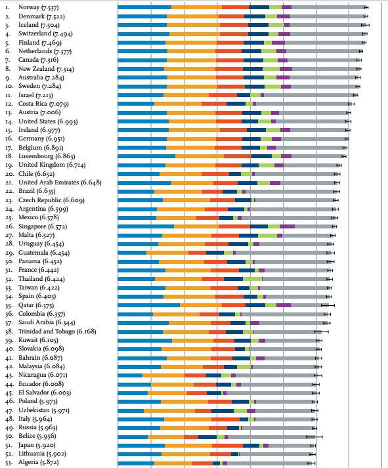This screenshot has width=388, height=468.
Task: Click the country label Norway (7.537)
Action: pyautogui.click(x=39, y=7)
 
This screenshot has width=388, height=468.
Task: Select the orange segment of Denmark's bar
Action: pyautogui.click(x=192, y=16)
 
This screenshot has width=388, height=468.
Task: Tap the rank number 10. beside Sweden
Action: pyautogui.click(x=10, y=86)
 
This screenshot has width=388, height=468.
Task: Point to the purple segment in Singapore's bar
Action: pyautogui.click(x=287, y=226)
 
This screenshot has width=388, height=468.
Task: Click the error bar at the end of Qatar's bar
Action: pyautogui.click(x=328, y=305)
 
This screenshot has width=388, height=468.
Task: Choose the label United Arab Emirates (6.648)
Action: pyautogui.click(x=60, y=182)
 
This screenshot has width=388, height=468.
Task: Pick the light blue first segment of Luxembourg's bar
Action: pyautogui.click(x=146, y=156)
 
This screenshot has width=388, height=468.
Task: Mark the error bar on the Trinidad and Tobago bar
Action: pyautogui.click(x=321, y=331)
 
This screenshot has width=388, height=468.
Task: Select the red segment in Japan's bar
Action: pyautogui.click(x=227, y=446)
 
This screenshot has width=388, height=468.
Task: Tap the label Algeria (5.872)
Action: pyautogui.click(x=39, y=462)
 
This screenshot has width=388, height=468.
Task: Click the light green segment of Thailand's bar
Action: pyautogui.click(x=253, y=279)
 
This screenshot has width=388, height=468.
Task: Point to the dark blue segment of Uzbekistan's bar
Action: pyautogui.click(x=223, y=411)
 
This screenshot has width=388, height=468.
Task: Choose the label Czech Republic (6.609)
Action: pyautogui.click(x=51, y=200)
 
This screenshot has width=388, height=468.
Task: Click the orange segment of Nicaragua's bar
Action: pyautogui.click(x=163, y=375)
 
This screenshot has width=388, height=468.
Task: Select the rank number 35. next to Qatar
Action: pyautogui.click(x=9, y=306)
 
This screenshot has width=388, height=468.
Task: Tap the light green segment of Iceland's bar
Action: pyautogui.click(x=276, y=25)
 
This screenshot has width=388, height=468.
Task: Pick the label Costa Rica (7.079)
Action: pyautogui.click(x=43, y=104)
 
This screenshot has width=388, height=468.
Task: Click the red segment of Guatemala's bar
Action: pyautogui.click(x=198, y=253)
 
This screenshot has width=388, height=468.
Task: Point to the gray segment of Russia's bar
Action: pyautogui.click(x=277, y=428)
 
